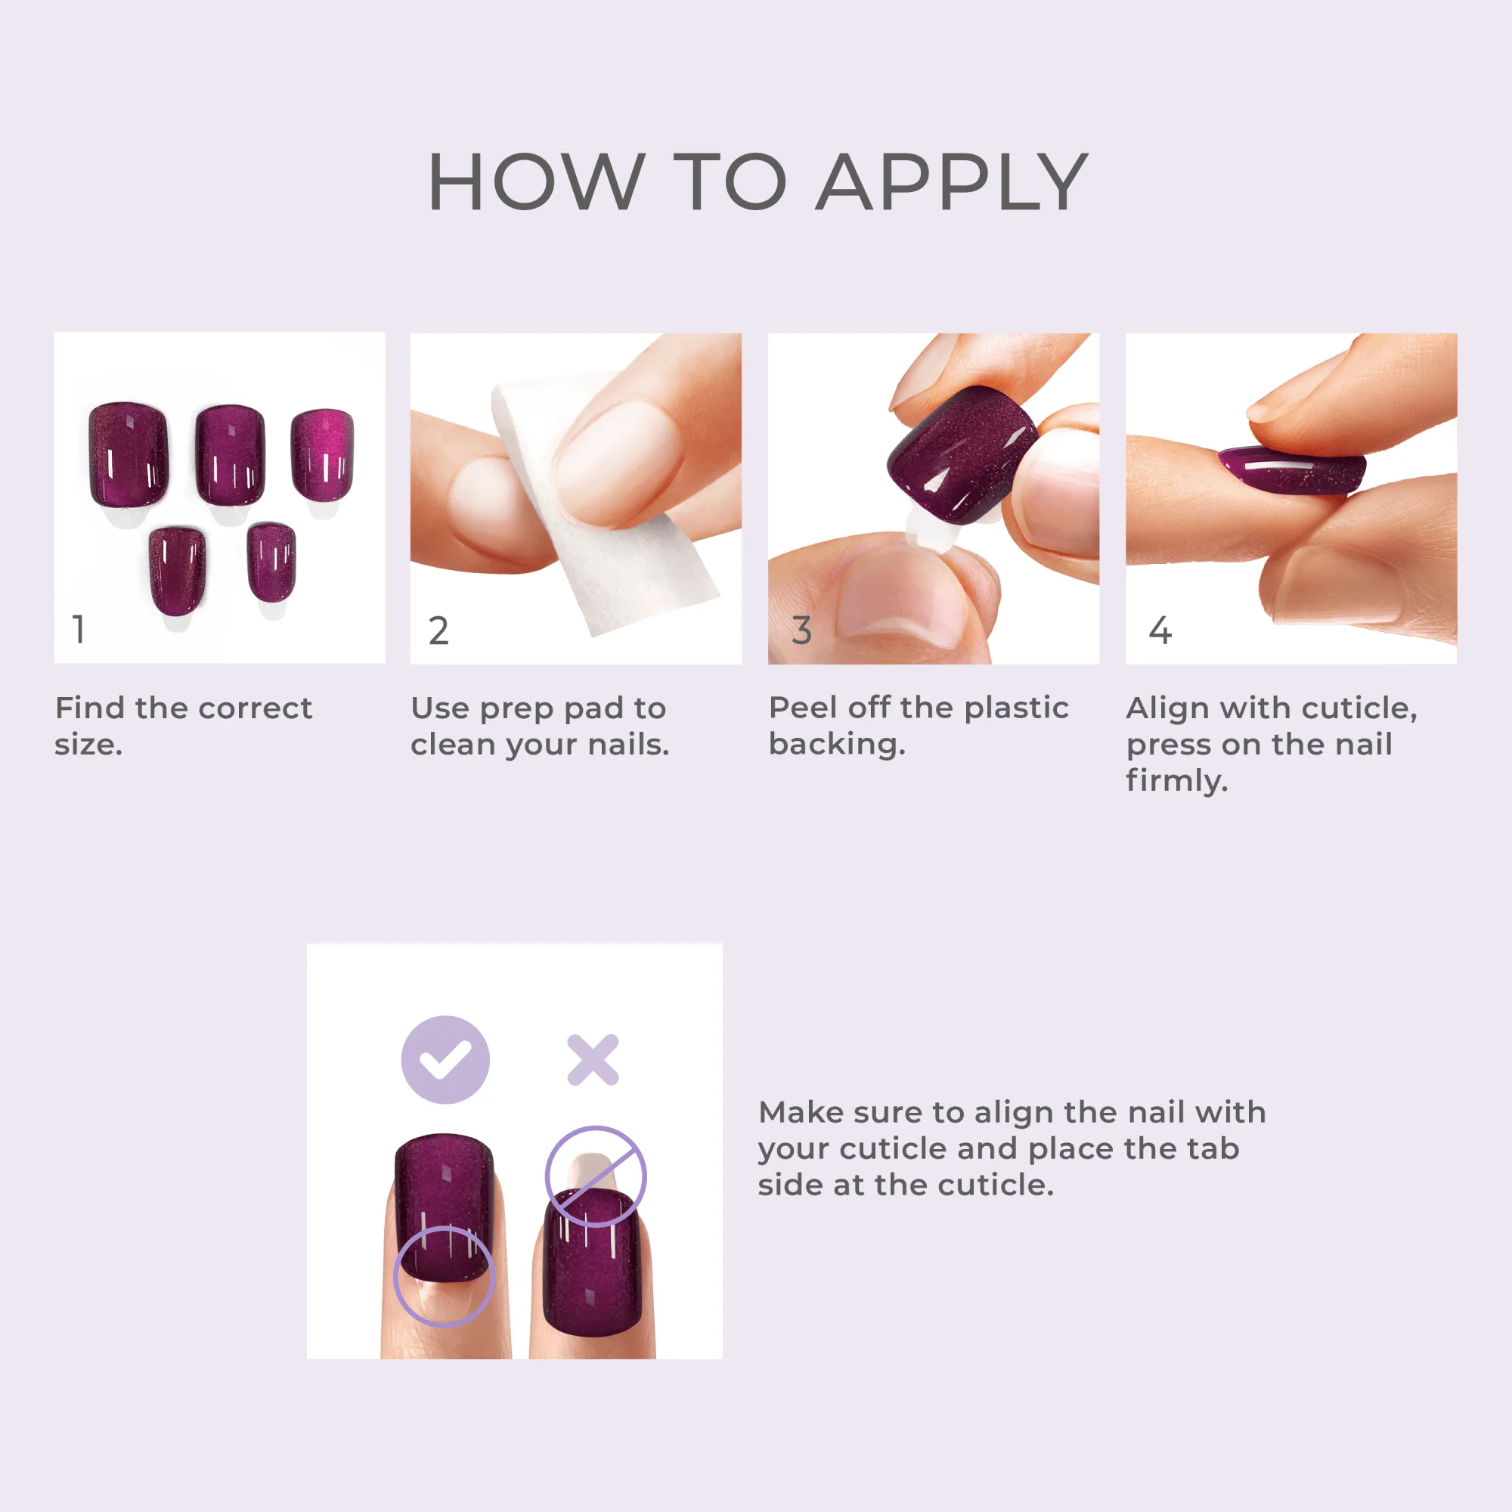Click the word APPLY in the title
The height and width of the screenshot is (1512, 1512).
coord(952,182)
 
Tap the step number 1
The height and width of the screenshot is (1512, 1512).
coord(79,629)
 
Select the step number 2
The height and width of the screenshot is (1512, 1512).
coord(438,631)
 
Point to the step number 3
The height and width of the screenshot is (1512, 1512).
coord(801,631)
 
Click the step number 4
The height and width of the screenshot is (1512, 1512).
coord(1160,631)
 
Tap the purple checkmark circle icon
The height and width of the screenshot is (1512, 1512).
coord(445,1060)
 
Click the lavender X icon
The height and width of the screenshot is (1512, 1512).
coord(593,1061)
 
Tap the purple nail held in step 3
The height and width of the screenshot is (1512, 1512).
coord(959,454)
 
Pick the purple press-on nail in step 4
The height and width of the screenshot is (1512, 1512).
coord(1291,469)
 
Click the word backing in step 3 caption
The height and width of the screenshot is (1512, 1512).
coord(836,744)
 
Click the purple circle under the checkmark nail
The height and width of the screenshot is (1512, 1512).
coord(444,1275)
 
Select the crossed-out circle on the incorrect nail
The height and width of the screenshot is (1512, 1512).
coord(596,1176)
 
